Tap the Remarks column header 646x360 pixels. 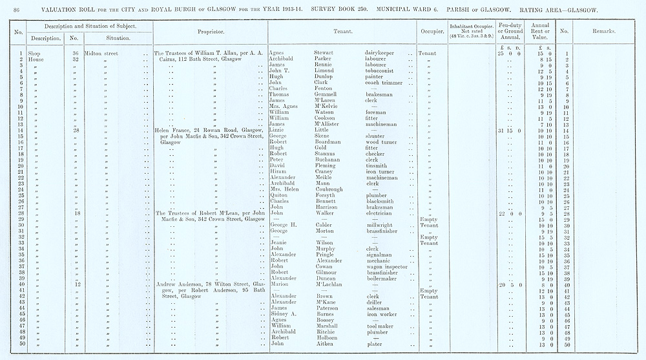[603, 30]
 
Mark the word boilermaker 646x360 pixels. [383, 279]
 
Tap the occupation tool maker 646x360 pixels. [381, 326]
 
